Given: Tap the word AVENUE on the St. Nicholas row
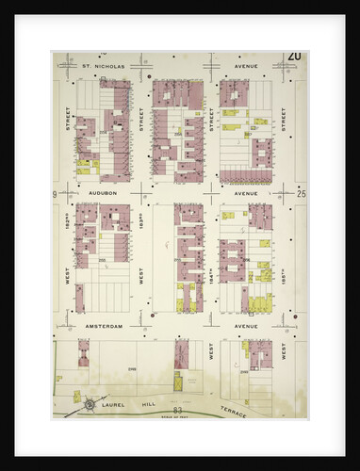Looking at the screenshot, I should (246, 67).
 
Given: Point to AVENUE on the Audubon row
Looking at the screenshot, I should (246, 192).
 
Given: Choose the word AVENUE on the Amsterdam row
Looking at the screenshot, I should (246, 326).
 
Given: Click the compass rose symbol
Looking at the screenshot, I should (90, 405).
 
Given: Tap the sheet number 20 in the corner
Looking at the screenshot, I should (295, 58).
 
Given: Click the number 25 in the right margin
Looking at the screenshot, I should (301, 193).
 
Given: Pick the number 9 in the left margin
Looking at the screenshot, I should (57, 193).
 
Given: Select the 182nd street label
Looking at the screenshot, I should (68, 226).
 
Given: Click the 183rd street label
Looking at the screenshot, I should (141, 226).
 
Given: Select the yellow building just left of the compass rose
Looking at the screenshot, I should (61, 397).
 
